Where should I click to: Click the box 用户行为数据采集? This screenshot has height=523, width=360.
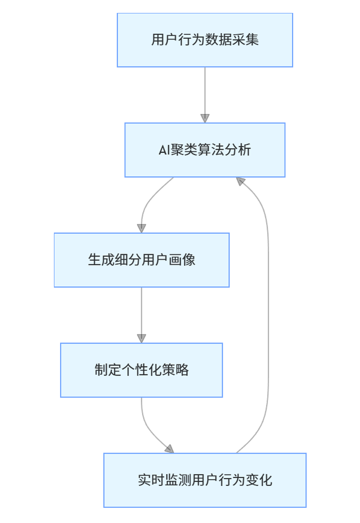click(205, 40)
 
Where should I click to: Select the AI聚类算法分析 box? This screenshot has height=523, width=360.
click(205, 150)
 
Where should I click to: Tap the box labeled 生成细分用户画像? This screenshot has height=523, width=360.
click(141, 260)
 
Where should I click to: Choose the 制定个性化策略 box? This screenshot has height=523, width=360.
click(141, 370)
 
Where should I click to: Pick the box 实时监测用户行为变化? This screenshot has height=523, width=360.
click(205, 480)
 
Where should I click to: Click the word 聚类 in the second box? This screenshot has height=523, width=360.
click(183, 150)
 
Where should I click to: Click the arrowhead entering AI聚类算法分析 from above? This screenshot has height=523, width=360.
click(205, 118)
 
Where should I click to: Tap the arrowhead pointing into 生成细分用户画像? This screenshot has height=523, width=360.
click(141, 228)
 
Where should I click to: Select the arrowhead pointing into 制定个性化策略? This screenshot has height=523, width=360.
click(141, 338)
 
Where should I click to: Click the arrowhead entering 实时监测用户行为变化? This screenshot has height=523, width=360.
click(169, 449)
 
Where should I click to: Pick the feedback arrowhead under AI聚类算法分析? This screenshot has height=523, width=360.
click(241, 181)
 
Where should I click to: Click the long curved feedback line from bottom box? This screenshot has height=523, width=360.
click(268, 315)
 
